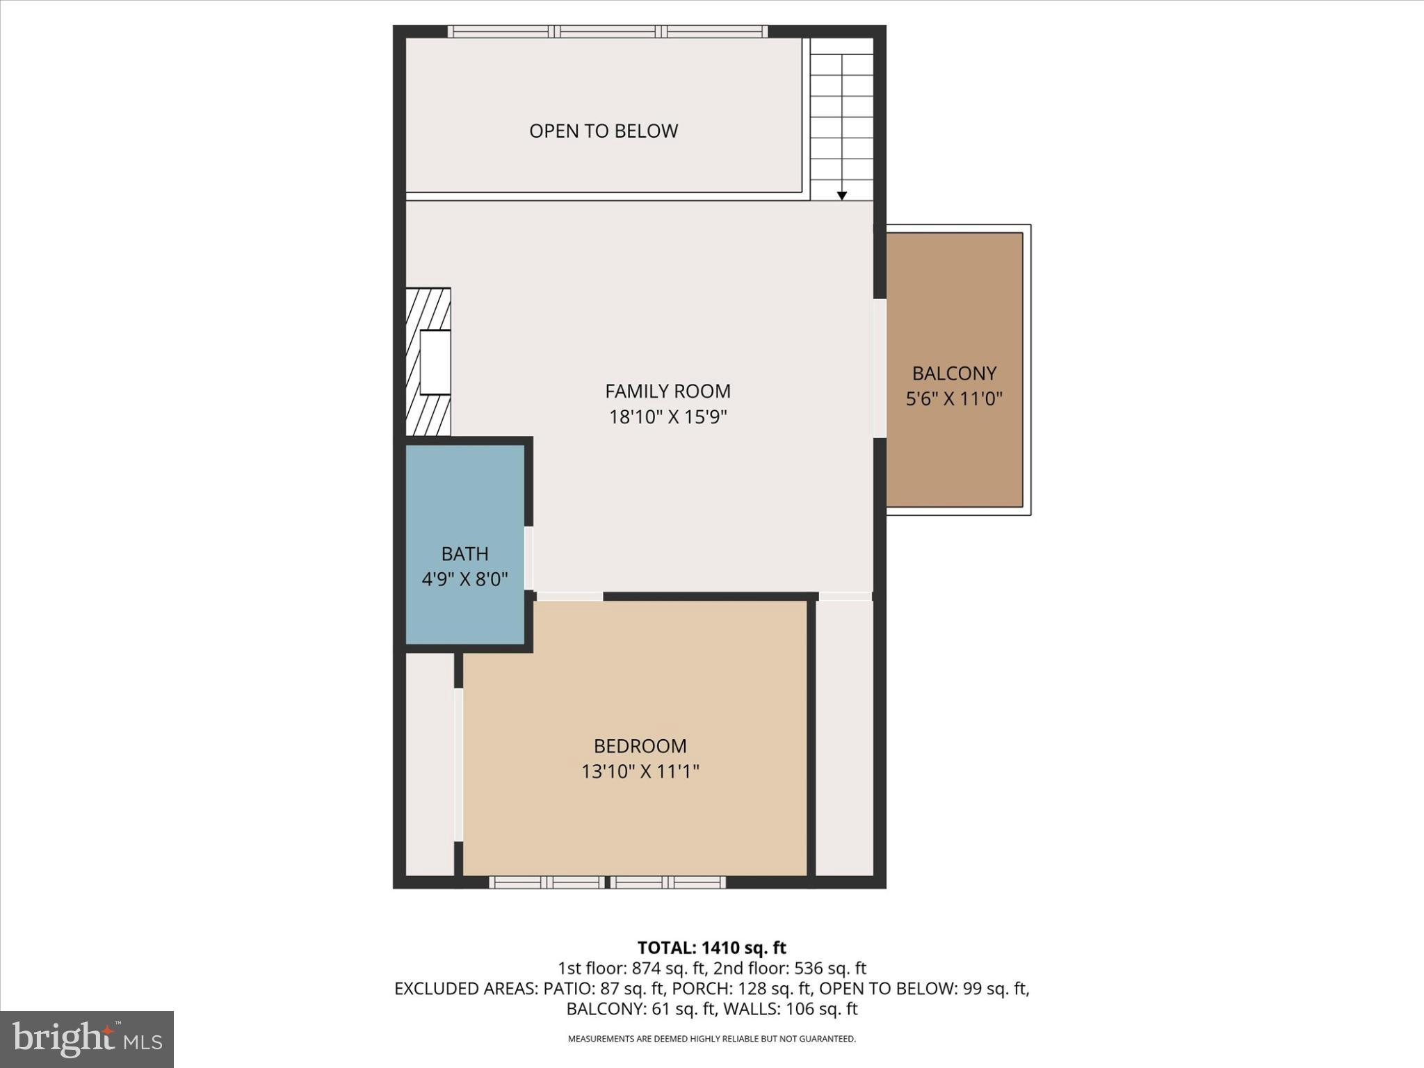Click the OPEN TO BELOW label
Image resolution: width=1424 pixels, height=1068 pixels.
click(603, 131)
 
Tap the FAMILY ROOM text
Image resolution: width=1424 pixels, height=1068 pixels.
click(667, 391)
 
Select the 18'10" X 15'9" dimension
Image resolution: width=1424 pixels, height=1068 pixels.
click(667, 417)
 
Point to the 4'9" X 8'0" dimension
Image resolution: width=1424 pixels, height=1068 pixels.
click(464, 578)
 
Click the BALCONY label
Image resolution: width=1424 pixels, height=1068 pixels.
click(954, 373)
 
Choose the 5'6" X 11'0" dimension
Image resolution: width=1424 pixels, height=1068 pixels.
click(954, 399)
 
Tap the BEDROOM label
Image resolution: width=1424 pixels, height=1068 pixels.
click(640, 746)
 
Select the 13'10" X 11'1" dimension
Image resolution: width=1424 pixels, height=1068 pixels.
click(640, 772)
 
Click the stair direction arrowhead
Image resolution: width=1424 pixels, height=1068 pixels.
click(841, 196)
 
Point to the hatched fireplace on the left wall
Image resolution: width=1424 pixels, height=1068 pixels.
click(428, 362)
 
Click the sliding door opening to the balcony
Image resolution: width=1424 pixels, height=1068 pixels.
click(880, 369)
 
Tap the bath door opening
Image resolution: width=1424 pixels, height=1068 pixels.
click(529, 558)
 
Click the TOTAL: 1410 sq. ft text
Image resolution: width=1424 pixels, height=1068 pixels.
click(711, 948)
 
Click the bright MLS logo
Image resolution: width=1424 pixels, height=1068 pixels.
click(87, 1039)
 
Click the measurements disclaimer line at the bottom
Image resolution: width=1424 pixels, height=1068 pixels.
click(711, 1039)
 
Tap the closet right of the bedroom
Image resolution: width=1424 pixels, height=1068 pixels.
click(844, 737)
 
